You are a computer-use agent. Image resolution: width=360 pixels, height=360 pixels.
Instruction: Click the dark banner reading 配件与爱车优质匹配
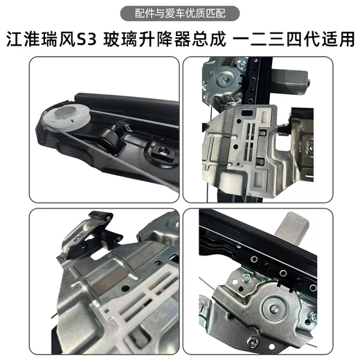coord(179,12)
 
